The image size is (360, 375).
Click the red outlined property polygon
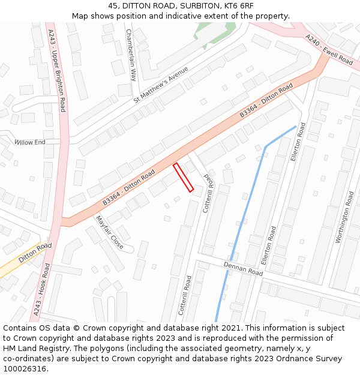tap(183, 178)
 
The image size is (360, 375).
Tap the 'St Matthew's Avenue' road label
tap(161, 85)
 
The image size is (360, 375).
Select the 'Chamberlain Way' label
tap(131, 55)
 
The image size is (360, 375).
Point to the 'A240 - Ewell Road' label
tap(329, 49)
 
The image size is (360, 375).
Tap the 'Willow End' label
tap(30, 143)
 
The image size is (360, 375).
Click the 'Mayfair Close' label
tap(109, 233)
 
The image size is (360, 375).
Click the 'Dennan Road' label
tap(243, 268)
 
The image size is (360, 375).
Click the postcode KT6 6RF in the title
tap(239, 6)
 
